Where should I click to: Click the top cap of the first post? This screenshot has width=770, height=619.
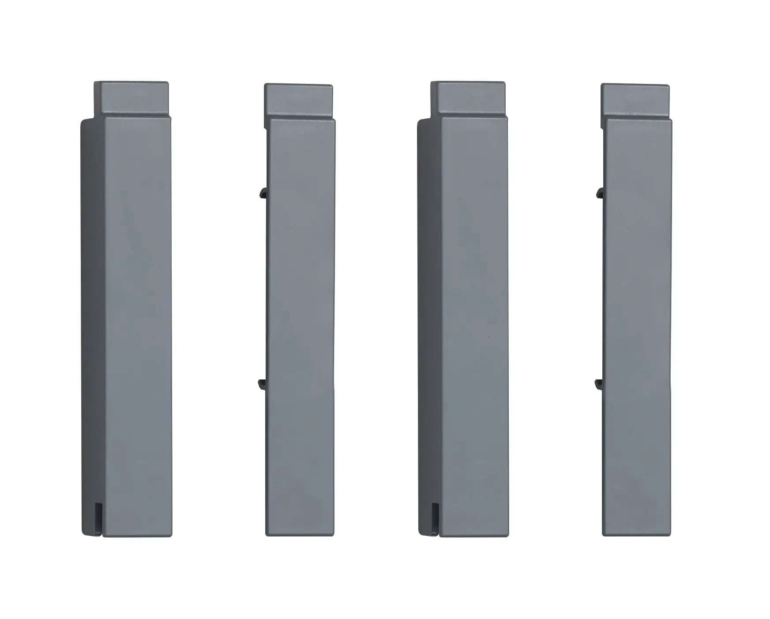tap(131, 99)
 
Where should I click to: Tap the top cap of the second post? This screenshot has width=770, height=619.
tap(298, 101)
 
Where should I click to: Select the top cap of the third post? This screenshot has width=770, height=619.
tap(468, 99)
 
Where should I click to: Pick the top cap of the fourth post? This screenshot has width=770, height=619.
tap(635, 101)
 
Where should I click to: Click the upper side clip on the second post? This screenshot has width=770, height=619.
tap(262, 192)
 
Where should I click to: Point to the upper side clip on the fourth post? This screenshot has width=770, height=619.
tap(599, 192)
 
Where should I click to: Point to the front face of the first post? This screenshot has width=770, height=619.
tap(137, 326)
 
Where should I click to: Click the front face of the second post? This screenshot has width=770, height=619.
tap(301, 326)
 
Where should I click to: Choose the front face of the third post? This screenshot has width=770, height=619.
tap(474, 326)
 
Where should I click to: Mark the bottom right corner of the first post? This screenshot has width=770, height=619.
tap(170, 535)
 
